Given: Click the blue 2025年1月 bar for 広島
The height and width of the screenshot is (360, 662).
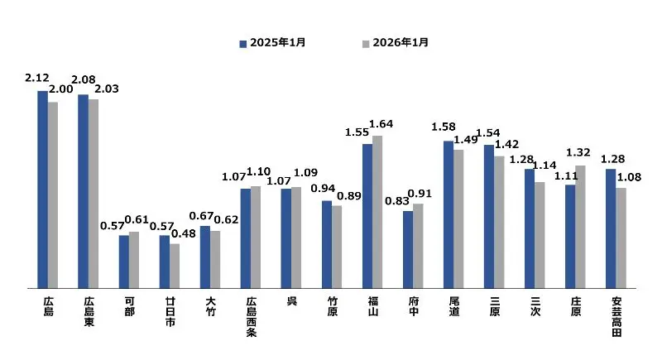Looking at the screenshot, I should pyautogui.click(x=42, y=190).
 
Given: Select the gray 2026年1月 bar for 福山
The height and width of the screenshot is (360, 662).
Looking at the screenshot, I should pyautogui.click(x=377, y=212).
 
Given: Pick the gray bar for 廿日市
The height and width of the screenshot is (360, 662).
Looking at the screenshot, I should pyautogui.click(x=175, y=266).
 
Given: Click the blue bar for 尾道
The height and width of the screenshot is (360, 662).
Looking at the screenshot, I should pyautogui.click(x=448, y=214).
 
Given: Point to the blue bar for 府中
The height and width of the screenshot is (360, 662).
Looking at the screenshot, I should pyautogui.click(x=408, y=249).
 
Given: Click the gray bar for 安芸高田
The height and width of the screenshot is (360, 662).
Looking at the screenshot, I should pyautogui.click(x=621, y=238).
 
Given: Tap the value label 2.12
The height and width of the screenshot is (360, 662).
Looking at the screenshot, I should pyautogui.click(x=37, y=79).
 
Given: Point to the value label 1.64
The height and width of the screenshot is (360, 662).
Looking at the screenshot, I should pyautogui.click(x=381, y=124).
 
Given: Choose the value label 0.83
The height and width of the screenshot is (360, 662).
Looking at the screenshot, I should pyautogui.click(x=399, y=201).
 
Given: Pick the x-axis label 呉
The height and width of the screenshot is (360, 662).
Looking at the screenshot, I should pyautogui.click(x=291, y=300).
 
